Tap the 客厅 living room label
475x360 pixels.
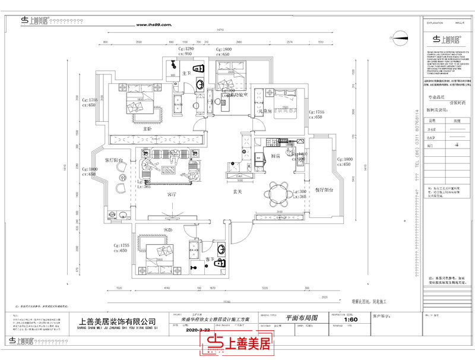[172, 194]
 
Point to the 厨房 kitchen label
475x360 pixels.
[275, 156]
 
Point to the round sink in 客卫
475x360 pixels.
[221, 248]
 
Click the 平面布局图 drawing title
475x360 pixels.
[296, 319]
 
